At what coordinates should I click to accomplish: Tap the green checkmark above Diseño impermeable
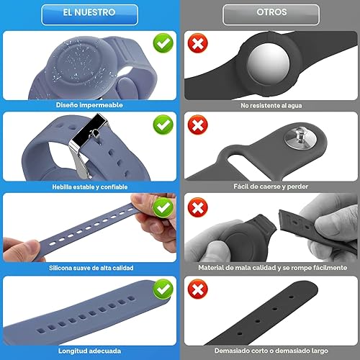coord(163,44)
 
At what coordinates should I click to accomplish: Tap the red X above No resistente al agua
coord(196,44)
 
